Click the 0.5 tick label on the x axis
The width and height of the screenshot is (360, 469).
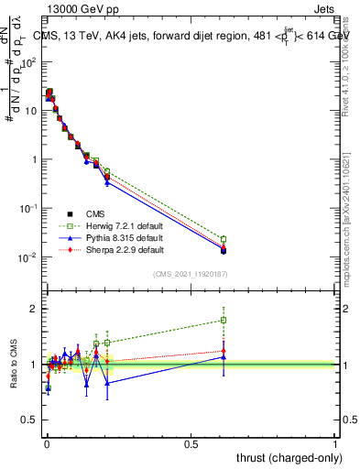[x=191, y=443]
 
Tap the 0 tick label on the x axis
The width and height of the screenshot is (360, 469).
[x=47, y=443]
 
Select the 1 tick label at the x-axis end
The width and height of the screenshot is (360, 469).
[x=336, y=443]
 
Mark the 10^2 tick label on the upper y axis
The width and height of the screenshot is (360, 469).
[x=29, y=62]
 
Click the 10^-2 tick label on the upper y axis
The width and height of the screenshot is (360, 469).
[x=29, y=257]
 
